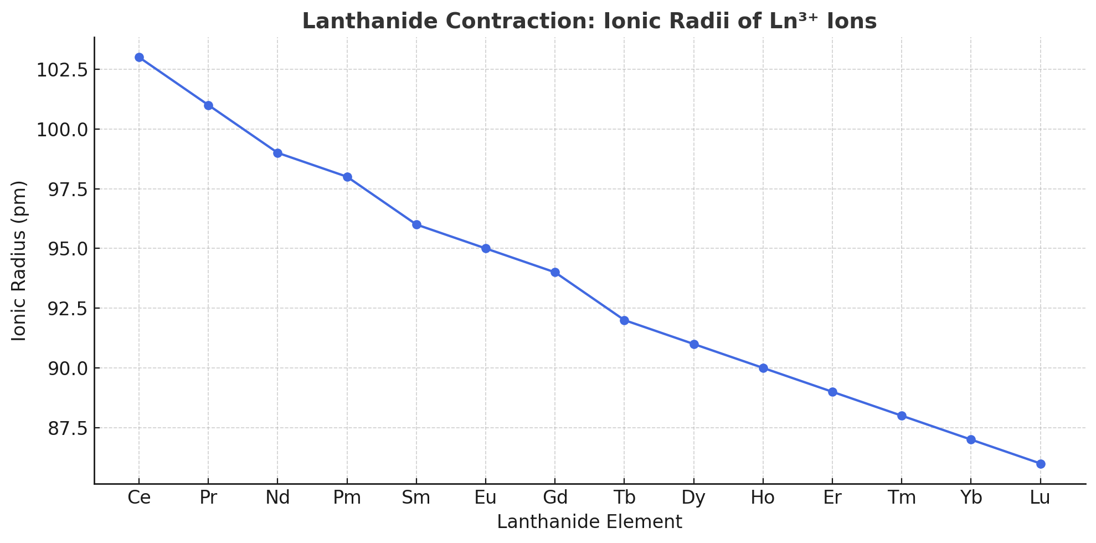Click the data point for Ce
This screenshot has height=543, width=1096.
click(x=139, y=58)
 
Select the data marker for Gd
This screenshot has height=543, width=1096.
click(x=555, y=273)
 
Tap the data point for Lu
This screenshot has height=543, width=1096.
click(x=1041, y=464)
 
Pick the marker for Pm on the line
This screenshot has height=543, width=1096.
click(x=347, y=177)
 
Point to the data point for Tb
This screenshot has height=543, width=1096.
click(x=624, y=320)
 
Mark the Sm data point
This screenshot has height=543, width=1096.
click(x=416, y=225)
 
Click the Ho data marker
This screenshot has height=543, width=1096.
click(x=763, y=368)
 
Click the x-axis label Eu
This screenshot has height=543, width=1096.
click(x=486, y=498)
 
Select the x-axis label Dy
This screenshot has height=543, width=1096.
click(x=693, y=498)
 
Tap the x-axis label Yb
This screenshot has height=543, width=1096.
click(x=971, y=498)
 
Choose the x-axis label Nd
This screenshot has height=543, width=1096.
click(x=277, y=498)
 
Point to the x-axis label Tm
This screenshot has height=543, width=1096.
click(x=902, y=498)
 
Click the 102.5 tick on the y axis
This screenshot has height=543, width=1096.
click(x=61, y=70)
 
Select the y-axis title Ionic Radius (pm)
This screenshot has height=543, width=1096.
click(x=19, y=260)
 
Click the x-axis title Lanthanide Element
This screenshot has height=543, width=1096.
click(x=589, y=522)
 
